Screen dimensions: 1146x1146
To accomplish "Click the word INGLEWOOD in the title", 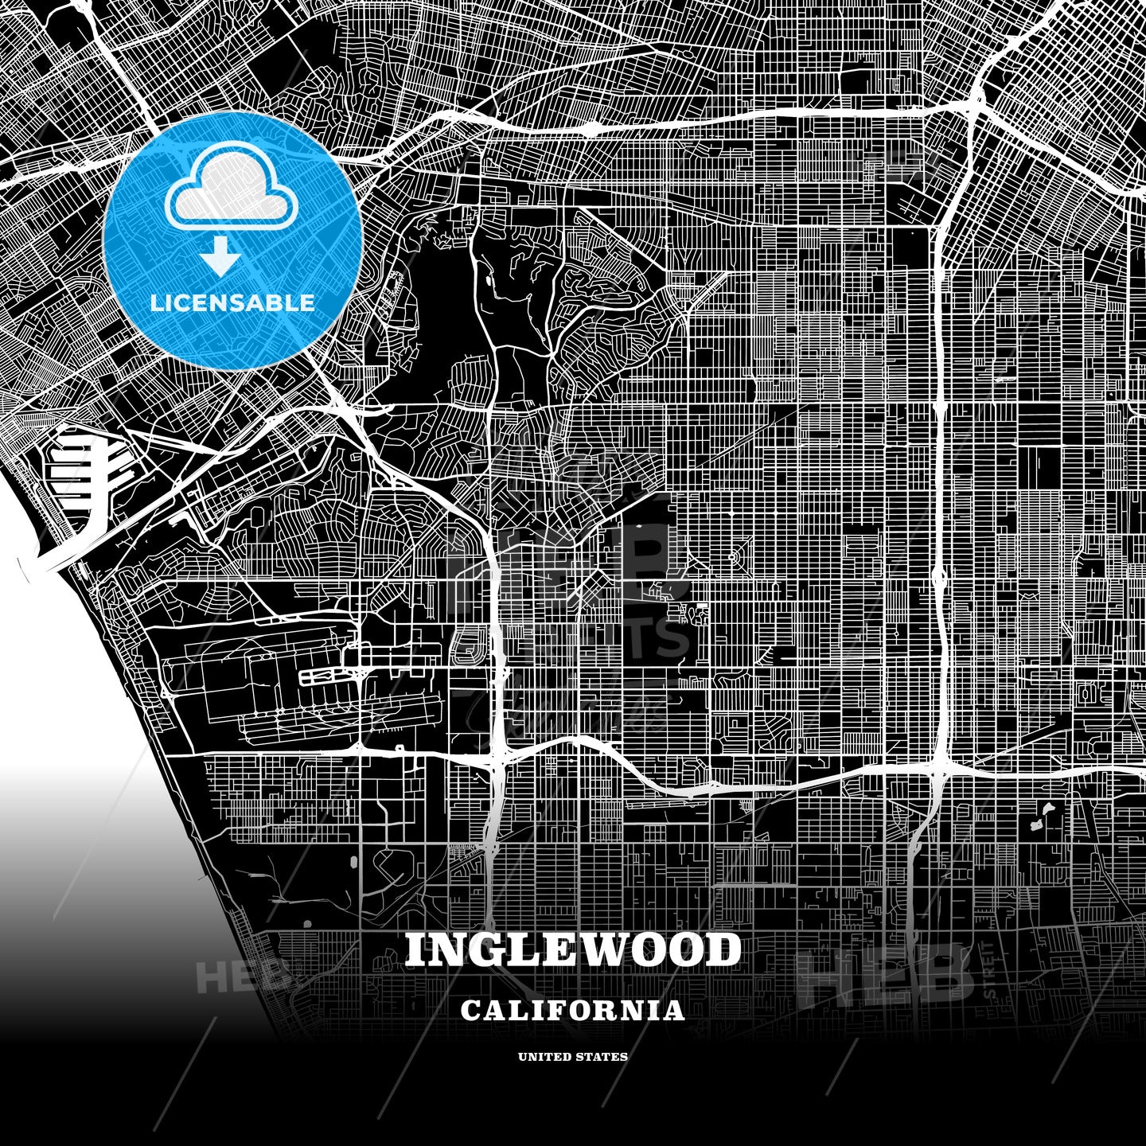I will tap(573, 949).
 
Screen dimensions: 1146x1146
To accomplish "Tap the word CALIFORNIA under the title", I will tap(573, 1011).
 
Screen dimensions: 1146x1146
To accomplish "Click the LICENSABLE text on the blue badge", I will tap(233, 302).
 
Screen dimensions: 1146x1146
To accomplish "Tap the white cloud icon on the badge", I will tap(232, 194).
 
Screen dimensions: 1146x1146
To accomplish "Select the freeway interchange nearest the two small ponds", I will tap(939, 768).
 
